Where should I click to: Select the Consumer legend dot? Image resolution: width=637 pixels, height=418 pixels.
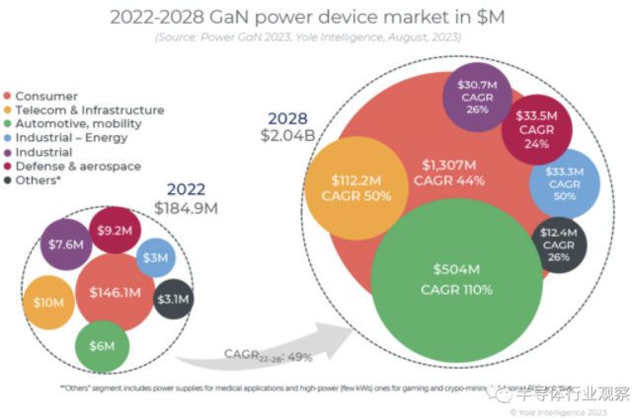(9, 96)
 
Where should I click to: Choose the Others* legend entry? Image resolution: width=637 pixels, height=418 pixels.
(45, 180)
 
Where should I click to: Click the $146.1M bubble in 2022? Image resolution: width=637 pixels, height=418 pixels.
(117, 293)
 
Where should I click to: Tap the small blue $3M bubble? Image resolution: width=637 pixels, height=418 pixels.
(155, 258)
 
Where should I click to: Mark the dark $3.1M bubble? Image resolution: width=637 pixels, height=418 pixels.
(174, 300)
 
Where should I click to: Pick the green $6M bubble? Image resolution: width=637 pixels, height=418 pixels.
(102, 346)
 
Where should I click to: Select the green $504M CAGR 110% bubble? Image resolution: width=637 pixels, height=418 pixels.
(457, 280)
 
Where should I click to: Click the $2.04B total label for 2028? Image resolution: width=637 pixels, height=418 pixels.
(284, 135)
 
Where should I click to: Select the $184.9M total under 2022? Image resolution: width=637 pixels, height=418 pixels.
(186, 208)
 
